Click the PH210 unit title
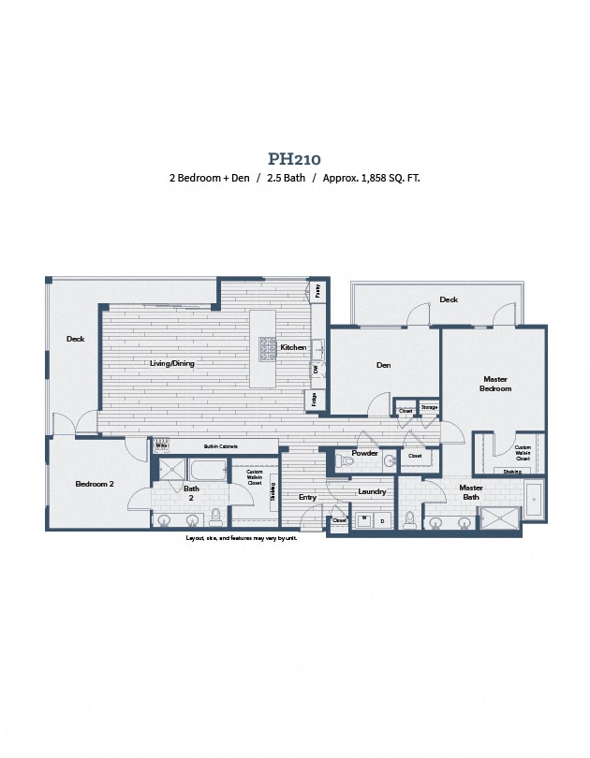point(294,159)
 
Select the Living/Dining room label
point(171,363)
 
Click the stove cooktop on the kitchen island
point(267,348)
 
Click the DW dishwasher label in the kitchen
point(316,370)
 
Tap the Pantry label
point(317,291)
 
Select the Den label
point(383,365)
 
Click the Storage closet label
point(429,408)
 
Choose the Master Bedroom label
point(494,384)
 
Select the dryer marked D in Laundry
point(381,520)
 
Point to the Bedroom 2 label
point(94,484)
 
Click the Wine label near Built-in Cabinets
point(161,446)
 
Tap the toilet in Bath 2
point(215,517)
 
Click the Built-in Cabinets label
point(220,446)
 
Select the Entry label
point(307,497)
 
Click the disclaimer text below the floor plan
point(241,538)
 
